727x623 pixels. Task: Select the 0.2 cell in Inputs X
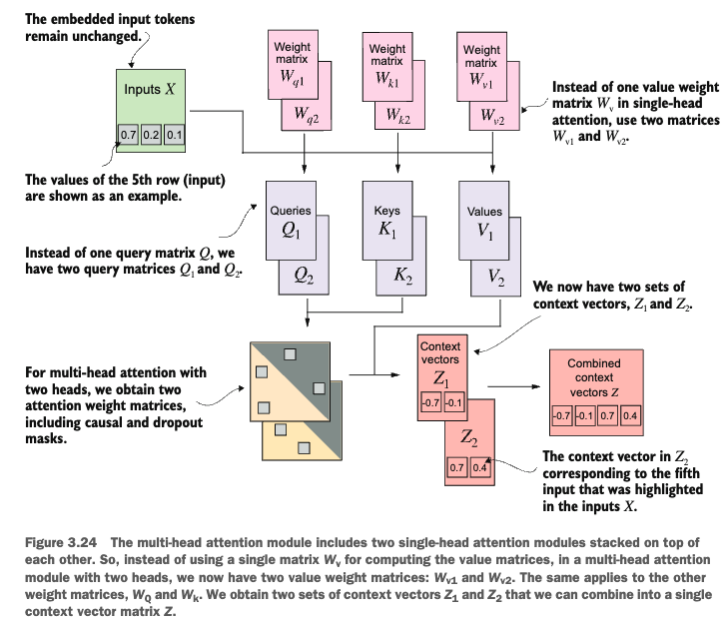coord(151,133)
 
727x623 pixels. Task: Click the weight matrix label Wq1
coord(292,76)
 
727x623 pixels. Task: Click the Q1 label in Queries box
coord(291,230)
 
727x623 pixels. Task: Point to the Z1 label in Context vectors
coord(441,378)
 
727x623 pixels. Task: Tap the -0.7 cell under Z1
coord(429,402)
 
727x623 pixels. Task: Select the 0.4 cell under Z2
coord(479,466)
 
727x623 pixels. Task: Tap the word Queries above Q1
coord(292,211)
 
